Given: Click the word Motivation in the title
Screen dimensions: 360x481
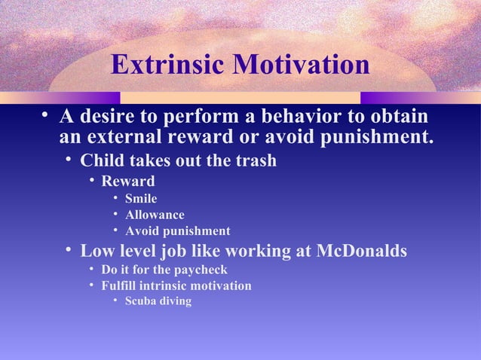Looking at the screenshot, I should [x=300, y=66].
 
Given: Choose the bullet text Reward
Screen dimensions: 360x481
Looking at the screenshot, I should [x=128, y=182].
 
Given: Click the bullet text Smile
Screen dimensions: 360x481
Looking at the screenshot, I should [x=141, y=199].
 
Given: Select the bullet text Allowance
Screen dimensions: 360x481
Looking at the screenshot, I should [x=155, y=215].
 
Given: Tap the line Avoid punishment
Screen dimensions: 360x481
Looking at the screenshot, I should [x=177, y=231].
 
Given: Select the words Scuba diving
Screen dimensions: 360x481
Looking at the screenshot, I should [x=158, y=301].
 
